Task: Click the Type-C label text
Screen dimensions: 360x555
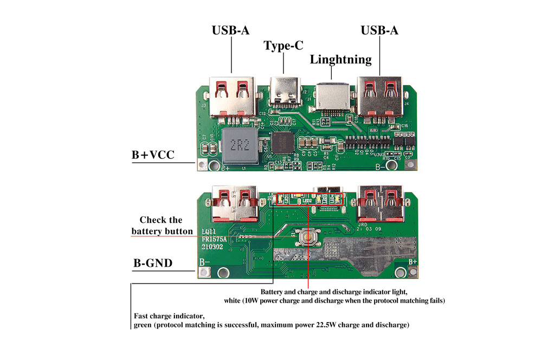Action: coord(283,46)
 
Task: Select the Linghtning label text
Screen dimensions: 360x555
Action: coord(341,59)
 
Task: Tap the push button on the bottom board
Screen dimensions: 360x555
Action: coord(308,237)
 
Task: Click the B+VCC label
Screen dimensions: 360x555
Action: coord(153,155)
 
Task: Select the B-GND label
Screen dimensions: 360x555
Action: coord(153,263)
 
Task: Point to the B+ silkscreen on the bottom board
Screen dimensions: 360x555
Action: coord(412,261)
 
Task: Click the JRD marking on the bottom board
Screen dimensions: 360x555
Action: coord(363,223)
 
